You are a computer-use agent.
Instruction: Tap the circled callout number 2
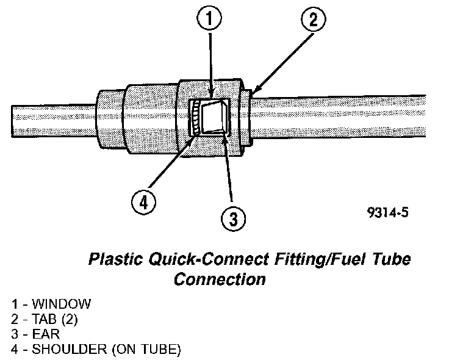pos(312,21)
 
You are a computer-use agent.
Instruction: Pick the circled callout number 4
pos(143,200)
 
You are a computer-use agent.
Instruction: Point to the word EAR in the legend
pos(44,334)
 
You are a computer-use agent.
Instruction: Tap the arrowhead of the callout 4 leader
pos(193,135)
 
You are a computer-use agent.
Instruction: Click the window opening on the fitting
pos(212,115)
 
